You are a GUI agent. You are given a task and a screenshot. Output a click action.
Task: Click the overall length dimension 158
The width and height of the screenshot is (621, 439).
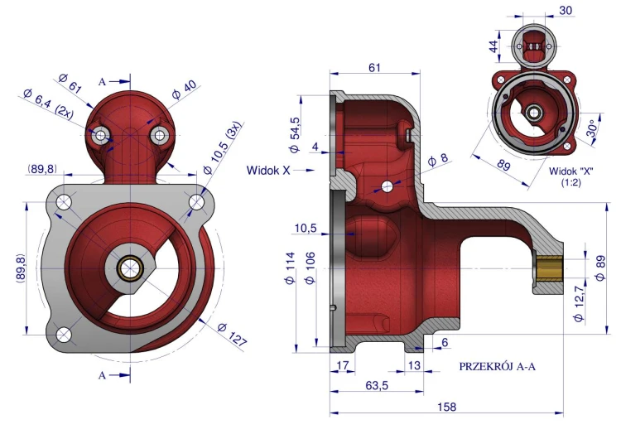(447, 407)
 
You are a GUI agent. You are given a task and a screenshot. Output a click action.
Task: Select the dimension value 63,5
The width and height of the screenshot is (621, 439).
(377, 385)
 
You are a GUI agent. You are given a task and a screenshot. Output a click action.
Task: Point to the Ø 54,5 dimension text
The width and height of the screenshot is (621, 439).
(295, 135)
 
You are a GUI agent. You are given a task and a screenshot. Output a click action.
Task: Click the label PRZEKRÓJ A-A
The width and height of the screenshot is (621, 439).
(498, 366)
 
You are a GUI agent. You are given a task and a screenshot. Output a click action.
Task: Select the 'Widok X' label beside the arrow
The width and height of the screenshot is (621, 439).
(268, 171)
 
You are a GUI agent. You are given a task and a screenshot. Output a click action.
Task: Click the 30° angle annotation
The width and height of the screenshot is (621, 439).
(593, 128)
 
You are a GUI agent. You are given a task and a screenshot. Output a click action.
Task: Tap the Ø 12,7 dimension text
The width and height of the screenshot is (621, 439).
(579, 304)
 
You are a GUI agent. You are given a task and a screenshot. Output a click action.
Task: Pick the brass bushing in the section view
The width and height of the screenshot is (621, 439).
(548, 268)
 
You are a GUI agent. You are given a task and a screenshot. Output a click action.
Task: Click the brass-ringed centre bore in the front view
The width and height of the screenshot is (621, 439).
(129, 268)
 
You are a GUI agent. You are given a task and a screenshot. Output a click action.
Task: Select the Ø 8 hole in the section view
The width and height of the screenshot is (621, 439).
(387, 186)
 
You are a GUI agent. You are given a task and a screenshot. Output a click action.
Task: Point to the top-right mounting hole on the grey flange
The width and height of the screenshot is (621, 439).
(196, 202)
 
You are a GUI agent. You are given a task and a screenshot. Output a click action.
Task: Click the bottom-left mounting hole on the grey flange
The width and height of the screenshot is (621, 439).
(64, 335)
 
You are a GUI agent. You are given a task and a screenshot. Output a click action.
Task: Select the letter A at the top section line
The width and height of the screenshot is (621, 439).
(102, 82)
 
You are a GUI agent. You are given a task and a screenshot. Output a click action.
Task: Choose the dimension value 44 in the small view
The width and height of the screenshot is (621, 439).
(493, 46)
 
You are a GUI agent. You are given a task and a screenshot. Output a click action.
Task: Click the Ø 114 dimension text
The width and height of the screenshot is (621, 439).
(290, 268)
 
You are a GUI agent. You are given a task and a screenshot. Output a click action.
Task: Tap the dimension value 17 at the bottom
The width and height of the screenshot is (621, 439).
(342, 365)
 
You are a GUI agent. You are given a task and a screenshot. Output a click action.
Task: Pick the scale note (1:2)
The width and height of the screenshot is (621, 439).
(570, 183)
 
